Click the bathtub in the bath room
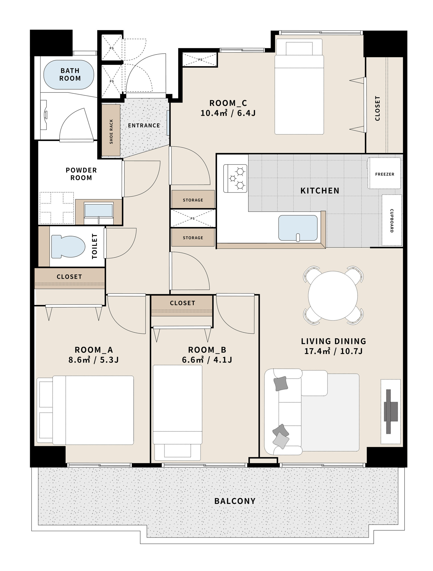pos(69,74)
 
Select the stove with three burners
pos(235,178)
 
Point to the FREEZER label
pos(384,174)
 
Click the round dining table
pos(333,296)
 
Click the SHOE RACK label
pos(111,131)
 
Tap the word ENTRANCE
pos(144,125)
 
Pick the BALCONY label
pos(235,501)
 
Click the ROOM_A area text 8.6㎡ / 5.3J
pos(93,360)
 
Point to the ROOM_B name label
pos(207,350)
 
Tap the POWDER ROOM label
pos(81,174)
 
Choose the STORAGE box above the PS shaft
pos(193,199)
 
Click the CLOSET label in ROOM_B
pos(182,303)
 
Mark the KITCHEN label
pos(320,191)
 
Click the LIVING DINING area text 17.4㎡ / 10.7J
pos(333,351)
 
